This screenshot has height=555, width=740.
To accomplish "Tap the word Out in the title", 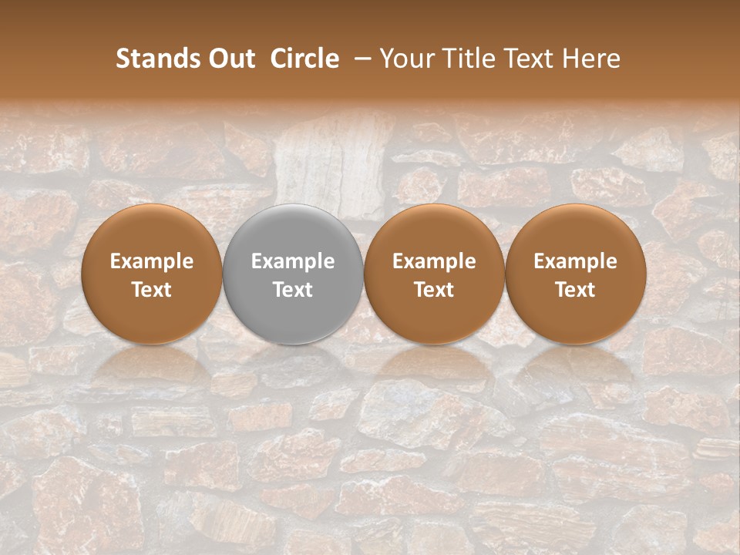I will [x=230, y=59].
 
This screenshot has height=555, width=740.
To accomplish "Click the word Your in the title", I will [x=405, y=59].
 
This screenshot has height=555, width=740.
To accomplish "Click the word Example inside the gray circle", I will [x=293, y=261].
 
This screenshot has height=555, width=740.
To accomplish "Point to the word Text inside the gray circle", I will [x=293, y=290].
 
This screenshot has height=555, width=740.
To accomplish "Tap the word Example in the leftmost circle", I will [x=152, y=261].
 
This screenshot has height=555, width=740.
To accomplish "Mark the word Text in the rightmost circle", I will [x=576, y=290].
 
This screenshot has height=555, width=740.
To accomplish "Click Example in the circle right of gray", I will [x=434, y=261].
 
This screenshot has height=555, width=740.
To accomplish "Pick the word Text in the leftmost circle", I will [x=152, y=290].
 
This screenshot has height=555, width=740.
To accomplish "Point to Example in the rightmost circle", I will [x=576, y=261].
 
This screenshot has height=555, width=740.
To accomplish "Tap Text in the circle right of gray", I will [x=434, y=290].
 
